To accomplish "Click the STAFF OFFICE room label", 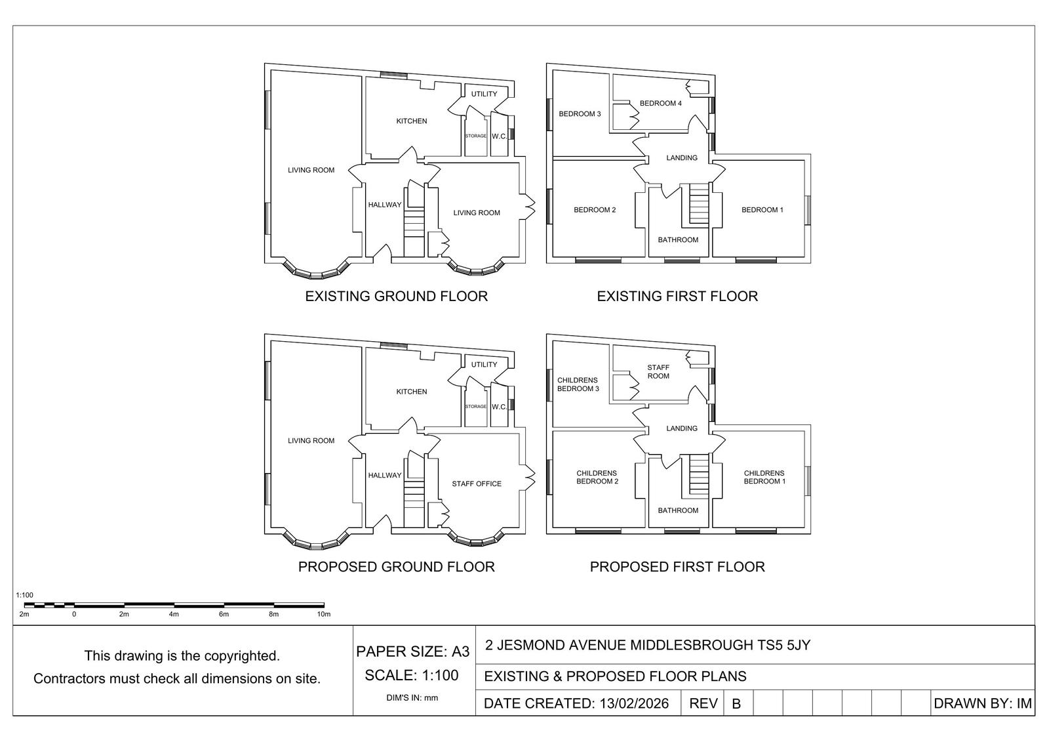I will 477,484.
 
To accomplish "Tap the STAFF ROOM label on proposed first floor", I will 658,372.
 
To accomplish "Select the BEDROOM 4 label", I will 660,104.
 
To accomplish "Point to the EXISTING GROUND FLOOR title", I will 396,297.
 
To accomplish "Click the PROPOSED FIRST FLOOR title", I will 677,567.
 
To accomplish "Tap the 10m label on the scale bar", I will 323,615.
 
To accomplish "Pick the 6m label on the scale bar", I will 224,615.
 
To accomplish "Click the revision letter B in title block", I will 736,704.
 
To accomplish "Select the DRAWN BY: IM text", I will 982,704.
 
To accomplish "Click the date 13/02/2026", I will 633,704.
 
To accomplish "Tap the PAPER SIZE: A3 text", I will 413,652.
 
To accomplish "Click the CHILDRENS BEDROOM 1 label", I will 764,477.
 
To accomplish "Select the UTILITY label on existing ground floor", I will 484,94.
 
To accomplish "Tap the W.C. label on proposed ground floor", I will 499,407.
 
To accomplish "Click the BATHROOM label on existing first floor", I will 678,240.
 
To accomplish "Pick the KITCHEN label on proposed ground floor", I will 411,392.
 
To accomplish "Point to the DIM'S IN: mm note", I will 412,698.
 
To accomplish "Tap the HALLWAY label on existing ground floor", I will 384,205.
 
